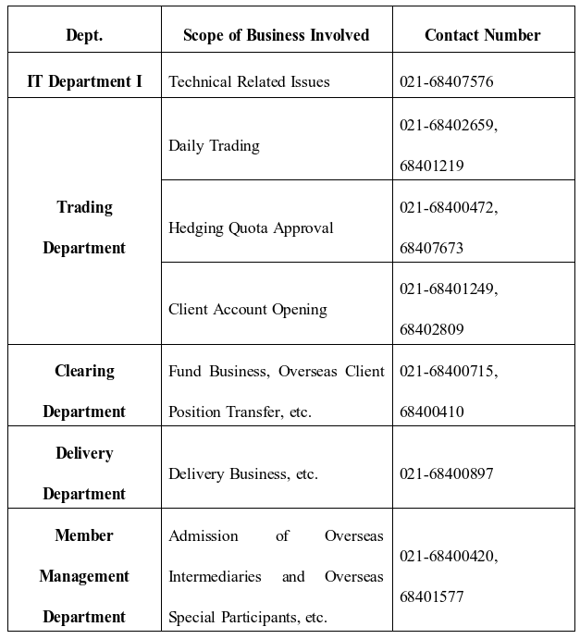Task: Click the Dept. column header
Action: (84, 35)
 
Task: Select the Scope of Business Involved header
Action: (276, 35)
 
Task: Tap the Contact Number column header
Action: (482, 35)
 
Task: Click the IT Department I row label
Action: (84, 81)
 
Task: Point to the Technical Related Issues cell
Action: (249, 81)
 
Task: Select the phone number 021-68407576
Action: (447, 81)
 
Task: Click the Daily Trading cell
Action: (214, 145)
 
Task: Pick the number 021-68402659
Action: (449, 125)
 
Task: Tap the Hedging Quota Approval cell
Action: (251, 227)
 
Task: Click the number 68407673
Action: (432, 248)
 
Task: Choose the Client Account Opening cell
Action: (247, 309)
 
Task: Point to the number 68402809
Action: (432, 329)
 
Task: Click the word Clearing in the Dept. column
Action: (84, 371)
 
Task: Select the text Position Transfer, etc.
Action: (240, 412)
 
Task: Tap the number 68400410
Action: (432, 412)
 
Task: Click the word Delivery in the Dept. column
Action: (84, 453)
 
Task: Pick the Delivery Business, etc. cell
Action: (242, 473)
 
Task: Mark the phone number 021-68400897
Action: (447, 473)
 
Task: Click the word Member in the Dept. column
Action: (84, 535)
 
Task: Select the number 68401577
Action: (432, 596)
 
